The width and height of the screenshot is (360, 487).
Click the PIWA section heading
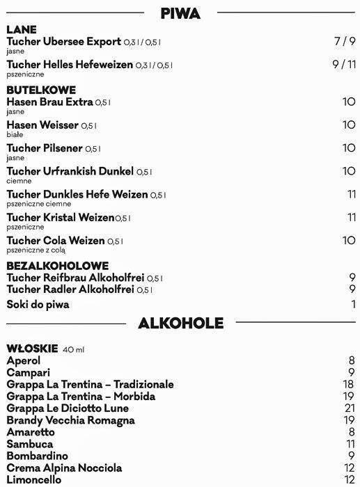pos(180,13)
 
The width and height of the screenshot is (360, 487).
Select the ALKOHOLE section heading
pos(181,323)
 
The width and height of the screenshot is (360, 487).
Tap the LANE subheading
pos(22,30)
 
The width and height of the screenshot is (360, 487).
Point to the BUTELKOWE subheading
pos(41,90)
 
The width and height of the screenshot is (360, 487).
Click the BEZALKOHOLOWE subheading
pos(58,266)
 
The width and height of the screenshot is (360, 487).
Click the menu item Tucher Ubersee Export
pos(64,42)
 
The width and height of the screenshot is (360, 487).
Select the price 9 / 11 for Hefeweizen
pos(344,65)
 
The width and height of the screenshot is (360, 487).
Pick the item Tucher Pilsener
pos(45,148)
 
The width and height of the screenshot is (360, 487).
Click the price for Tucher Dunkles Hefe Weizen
pos(351,194)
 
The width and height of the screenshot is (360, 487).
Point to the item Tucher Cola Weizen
pos(55,241)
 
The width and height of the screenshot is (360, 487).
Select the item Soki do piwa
pos(38,304)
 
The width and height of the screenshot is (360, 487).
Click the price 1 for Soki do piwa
pos(353,304)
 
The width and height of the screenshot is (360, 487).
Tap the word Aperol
pos(23,360)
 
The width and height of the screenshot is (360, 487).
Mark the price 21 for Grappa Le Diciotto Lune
pos(350,408)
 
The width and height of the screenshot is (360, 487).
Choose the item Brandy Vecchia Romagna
pos(61,420)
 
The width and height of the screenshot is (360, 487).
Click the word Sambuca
pos(29,444)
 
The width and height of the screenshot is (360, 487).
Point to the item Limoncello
pos(33,480)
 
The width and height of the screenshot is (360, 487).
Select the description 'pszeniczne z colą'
pos(36,250)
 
